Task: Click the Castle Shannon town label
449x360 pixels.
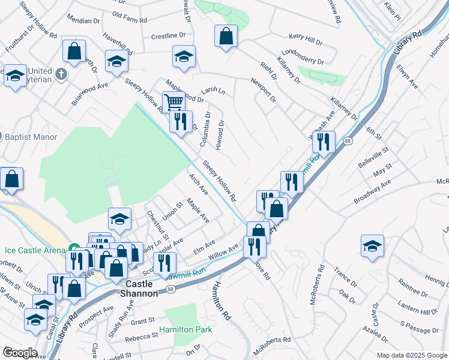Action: coord(142,287)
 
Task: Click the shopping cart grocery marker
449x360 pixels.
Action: coord(173,101)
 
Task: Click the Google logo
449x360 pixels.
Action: coord(19,353)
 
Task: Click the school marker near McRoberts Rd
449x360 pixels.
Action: coord(372,245)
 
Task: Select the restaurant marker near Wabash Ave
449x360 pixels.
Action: coord(323,142)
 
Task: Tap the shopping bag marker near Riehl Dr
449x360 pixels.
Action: coord(226,37)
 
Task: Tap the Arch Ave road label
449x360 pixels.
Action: coord(198,185)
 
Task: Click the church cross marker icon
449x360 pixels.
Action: coord(61,75)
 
